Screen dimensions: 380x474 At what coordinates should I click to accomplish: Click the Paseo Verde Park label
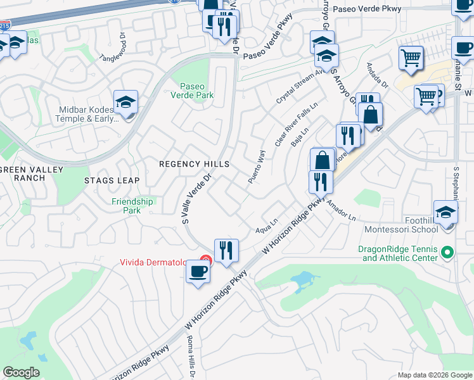[x=196, y=91]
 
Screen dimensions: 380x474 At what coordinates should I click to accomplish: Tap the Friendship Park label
[x=132, y=206]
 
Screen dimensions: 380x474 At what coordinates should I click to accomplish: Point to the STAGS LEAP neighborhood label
[x=111, y=180]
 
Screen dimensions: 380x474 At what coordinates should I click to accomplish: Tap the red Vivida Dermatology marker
[x=205, y=260]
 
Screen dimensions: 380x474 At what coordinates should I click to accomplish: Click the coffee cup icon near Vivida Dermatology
[x=198, y=272]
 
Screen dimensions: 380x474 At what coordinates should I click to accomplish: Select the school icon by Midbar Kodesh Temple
[x=126, y=102]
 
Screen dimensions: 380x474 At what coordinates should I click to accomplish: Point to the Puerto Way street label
[x=256, y=167]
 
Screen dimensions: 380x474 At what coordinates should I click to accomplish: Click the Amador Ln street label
[x=341, y=210]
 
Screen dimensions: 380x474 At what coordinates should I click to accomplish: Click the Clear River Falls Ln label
[x=295, y=125]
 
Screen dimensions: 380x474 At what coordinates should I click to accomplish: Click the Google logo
[x=21, y=372]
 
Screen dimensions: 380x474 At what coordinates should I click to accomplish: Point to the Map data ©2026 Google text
[x=434, y=375]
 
